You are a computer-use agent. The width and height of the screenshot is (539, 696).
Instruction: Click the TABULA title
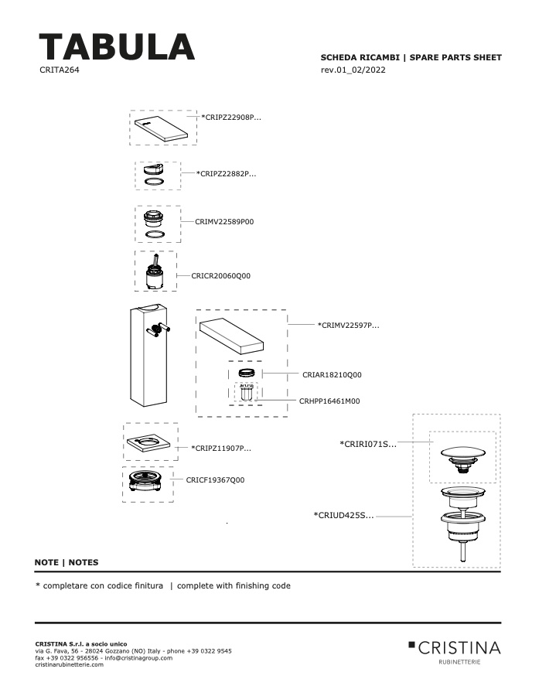[x=117, y=46]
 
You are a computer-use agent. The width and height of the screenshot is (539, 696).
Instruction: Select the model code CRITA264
[x=60, y=70]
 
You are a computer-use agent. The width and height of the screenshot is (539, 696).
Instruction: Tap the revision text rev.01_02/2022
[x=353, y=70]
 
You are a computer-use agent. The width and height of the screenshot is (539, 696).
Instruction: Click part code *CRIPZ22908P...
[x=231, y=118]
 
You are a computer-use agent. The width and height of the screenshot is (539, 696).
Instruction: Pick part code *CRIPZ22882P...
[x=227, y=173]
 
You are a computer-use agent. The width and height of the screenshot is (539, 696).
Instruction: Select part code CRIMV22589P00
[x=224, y=221]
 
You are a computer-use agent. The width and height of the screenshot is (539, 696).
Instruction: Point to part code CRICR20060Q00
[x=220, y=275]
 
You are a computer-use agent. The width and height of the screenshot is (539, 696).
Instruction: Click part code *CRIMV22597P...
[x=349, y=325]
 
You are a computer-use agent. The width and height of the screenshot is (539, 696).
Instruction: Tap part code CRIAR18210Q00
[x=332, y=374]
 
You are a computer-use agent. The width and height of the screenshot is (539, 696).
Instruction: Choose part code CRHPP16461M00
[x=329, y=401]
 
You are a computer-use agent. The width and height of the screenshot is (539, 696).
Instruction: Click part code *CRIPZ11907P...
[x=221, y=448]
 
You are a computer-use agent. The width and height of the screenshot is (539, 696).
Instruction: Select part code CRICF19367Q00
[x=215, y=479]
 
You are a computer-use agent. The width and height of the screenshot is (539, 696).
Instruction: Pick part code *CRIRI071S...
[x=368, y=444]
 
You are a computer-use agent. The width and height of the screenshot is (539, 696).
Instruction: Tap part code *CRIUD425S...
[x=343, y=515]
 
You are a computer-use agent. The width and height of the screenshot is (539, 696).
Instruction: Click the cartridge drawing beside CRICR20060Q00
[x=155, y=272]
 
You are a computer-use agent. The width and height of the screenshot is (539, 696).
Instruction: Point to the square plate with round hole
[x=148, y=442]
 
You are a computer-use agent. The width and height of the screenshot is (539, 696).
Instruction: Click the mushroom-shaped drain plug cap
[x=462, y=459]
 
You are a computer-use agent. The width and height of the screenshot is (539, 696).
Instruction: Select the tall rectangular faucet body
[x=148, y=354]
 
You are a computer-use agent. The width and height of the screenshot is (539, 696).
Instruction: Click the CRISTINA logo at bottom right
[x=455, y=651]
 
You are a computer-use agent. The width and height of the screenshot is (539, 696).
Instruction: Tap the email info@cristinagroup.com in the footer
[x=138, y=658]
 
